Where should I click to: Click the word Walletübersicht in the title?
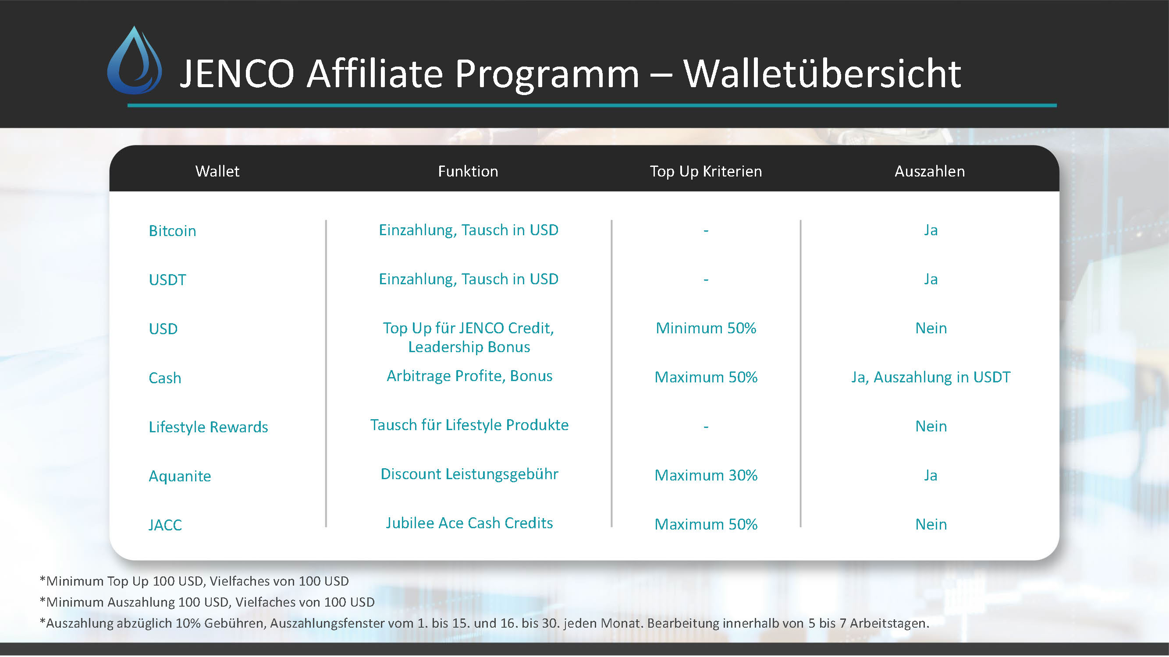click(x=822, y=74)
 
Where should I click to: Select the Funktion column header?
click(x=468, y=171)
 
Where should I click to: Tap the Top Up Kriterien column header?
click(x=706, y=171)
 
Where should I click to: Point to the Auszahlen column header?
click(x=929, y=171)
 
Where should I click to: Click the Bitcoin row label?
click(x=172, y=231)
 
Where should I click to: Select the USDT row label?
click(x=167, y=280)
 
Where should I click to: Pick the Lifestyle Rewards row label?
click(x=208, y=427)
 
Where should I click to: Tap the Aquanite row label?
click(x=180, y=476)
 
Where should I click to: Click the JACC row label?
click(x=165, y=525)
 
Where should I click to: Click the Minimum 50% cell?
click(x=706, y=328)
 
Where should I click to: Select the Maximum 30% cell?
click(x=706, y=475)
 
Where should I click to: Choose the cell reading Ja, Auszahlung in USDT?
click(x=930, y=377)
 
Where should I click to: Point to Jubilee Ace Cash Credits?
click(x=469, y=523)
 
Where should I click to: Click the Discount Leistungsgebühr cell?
click(x=469, y=474)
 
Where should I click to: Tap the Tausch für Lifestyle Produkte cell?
click(x=469, y=425)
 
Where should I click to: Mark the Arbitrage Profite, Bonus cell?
click(x=469, y=376)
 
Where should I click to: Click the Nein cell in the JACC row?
click(x=931, y=524)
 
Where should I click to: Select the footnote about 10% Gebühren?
click(x=484, y=623)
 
